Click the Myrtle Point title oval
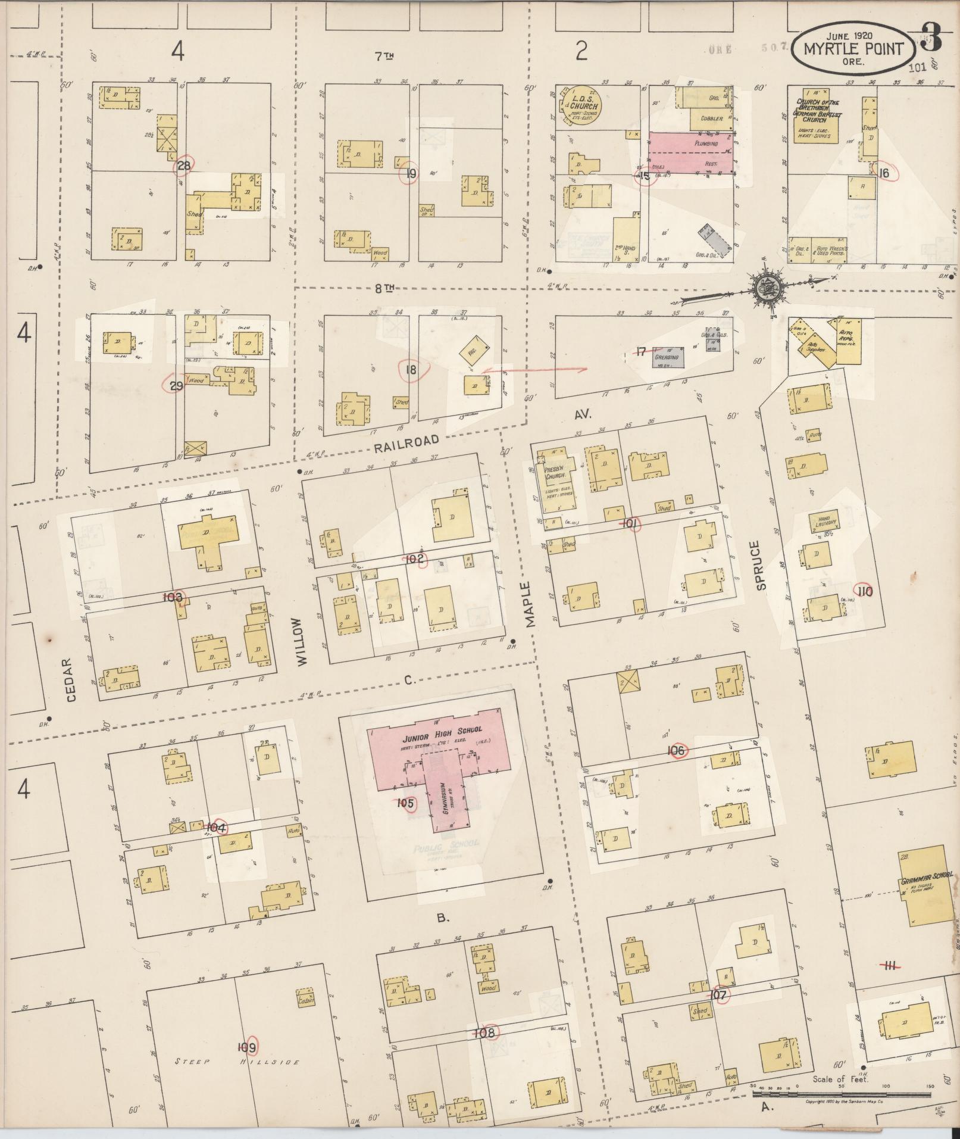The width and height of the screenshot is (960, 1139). point(852,50)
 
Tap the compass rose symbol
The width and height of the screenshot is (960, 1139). point(763,288)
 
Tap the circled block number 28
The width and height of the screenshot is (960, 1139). point(183,166)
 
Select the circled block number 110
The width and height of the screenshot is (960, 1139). point(864,591)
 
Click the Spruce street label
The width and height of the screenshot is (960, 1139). point(761,565)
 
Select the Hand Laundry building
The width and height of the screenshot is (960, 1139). point(823,522)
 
